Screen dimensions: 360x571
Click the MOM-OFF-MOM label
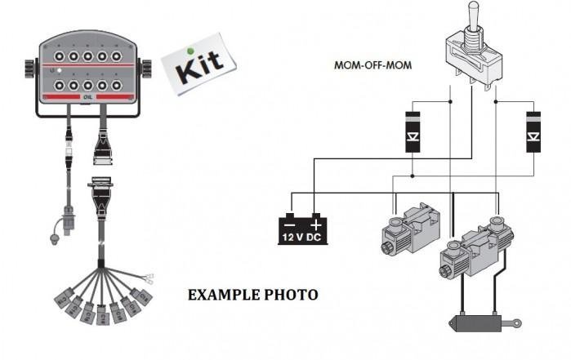click(x=372, y=64)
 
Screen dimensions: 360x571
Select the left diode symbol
click(x=413, y=132)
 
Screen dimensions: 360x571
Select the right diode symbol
click(x=535, y=131)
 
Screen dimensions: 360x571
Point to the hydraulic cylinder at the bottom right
click(x=483, y=322)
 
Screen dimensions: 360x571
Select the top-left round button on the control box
click(x=57, y=56)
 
